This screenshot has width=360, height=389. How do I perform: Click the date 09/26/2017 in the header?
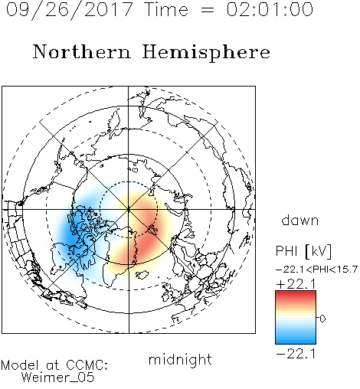[x=69, y=10]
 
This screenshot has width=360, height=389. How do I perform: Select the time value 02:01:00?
[x=270, y=9]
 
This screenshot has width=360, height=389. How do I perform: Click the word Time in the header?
[x=166, y=9]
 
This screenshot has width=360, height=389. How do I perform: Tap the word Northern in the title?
[x=81, y=52]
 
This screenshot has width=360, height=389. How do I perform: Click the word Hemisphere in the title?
[x=206, y=53]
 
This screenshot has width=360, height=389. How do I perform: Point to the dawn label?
[x=300, y=220]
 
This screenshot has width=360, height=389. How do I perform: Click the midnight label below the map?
[x=180, y=359]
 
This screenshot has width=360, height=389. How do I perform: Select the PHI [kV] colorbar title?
[x=303, y=251]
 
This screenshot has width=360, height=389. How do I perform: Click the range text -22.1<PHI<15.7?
[x=316, y=270]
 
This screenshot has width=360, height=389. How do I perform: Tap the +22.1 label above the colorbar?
[x=296, y=284]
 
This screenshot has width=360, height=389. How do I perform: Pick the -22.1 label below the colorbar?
[x=296, y=354]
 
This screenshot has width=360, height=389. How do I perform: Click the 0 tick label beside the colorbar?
[x=322, y=319]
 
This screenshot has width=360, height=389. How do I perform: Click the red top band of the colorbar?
[x=296, y=294]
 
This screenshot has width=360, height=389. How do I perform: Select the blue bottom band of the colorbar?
[x=296, y=340]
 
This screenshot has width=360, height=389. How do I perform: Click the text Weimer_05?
[x=58, y=378]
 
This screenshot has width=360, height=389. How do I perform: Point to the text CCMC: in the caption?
[x=87, y=365]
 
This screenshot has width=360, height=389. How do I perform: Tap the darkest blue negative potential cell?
[x=72, y=235]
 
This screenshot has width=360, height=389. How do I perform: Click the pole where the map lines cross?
[x=129, y=209]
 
